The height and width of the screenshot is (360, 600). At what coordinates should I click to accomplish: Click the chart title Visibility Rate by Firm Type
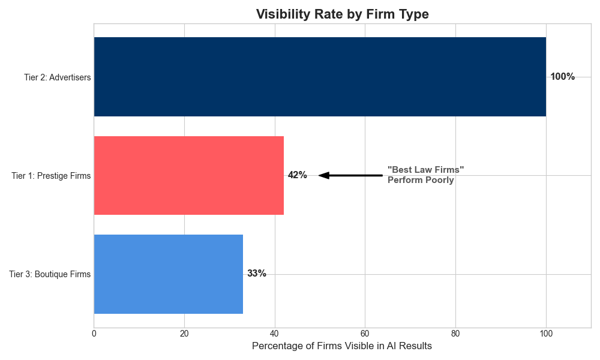[342, 14]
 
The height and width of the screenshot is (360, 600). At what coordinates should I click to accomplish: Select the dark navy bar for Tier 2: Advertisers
[320, 77]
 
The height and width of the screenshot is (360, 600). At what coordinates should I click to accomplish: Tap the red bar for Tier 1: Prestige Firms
[188, 175]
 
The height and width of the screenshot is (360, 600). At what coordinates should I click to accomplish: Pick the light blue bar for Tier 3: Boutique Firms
[168, 274]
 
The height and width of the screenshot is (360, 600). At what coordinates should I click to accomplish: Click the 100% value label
[562, 77]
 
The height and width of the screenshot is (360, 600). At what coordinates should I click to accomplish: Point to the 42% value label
[297, 175]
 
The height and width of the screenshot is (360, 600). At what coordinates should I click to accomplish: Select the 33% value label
[256, 274]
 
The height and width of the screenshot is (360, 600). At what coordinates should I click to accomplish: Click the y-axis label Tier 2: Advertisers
[57, 77]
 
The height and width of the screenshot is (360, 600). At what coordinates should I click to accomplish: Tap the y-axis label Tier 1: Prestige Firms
[51, 176]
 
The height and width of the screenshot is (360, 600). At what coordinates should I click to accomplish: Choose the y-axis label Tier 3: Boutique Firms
[50, 274]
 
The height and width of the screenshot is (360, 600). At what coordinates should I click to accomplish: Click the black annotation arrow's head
[323, 175]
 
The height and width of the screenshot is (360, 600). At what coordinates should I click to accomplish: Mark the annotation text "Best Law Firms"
[425, 170]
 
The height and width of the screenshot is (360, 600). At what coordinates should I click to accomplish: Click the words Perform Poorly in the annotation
[421, 180]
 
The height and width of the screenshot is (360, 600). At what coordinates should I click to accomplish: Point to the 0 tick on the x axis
[94, 333]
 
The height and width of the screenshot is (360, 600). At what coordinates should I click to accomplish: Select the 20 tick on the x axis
[184, 333]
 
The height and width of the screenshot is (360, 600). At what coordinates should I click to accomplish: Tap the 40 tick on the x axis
[275, 333]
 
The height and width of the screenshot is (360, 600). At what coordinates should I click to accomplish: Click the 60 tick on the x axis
[365, 333]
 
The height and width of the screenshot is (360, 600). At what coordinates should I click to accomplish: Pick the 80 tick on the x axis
[455, 333]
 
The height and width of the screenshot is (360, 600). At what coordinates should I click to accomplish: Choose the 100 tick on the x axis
[546, 333]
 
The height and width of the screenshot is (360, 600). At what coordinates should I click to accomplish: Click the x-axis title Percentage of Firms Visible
[341, 346]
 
